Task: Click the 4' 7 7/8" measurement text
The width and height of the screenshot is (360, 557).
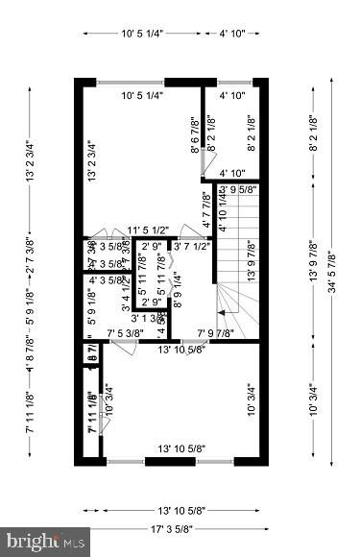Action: click(207, 208)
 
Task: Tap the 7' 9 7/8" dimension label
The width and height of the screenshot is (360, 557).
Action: click(216, 333)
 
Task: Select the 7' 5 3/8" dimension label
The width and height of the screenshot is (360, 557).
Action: click(125, 333)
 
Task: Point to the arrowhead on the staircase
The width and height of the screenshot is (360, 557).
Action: click(222, 312)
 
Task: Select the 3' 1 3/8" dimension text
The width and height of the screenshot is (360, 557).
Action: click(149, 318)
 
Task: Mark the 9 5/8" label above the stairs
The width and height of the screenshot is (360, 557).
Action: click(243, 189)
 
